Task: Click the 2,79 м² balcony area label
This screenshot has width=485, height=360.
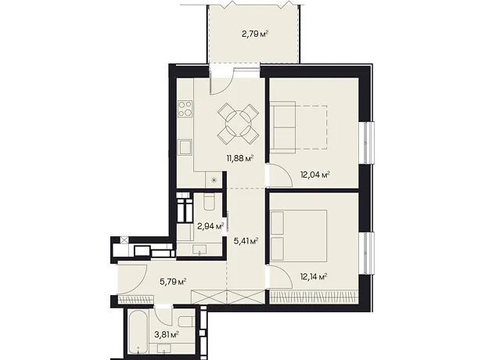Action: coord(254,34)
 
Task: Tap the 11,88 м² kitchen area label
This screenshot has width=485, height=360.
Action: coord(240,159)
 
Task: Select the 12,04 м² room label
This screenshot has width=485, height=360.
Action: coord(315,175)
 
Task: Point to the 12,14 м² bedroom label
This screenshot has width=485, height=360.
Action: coord(314,276)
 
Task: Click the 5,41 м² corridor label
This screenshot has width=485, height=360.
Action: coord(246,241)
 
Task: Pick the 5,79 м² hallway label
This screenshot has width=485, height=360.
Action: coord(173,282)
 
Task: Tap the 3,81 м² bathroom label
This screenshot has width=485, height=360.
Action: coord(167,335)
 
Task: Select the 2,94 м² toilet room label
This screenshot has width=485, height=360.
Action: coord(210,226)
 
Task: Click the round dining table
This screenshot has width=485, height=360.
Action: coord(239,124)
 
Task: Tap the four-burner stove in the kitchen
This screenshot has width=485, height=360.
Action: coord(185,109)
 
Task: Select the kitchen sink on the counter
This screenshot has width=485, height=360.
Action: coord(185,147)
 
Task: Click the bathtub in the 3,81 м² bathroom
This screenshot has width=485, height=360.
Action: coord(138,333)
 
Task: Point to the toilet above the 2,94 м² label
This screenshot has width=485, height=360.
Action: coord(210,201)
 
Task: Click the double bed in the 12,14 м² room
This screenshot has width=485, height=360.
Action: coord(299,236)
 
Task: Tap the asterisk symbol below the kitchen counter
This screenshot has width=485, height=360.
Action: coord(214,180)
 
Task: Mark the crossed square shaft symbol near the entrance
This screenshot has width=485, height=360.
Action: coord(124,240)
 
